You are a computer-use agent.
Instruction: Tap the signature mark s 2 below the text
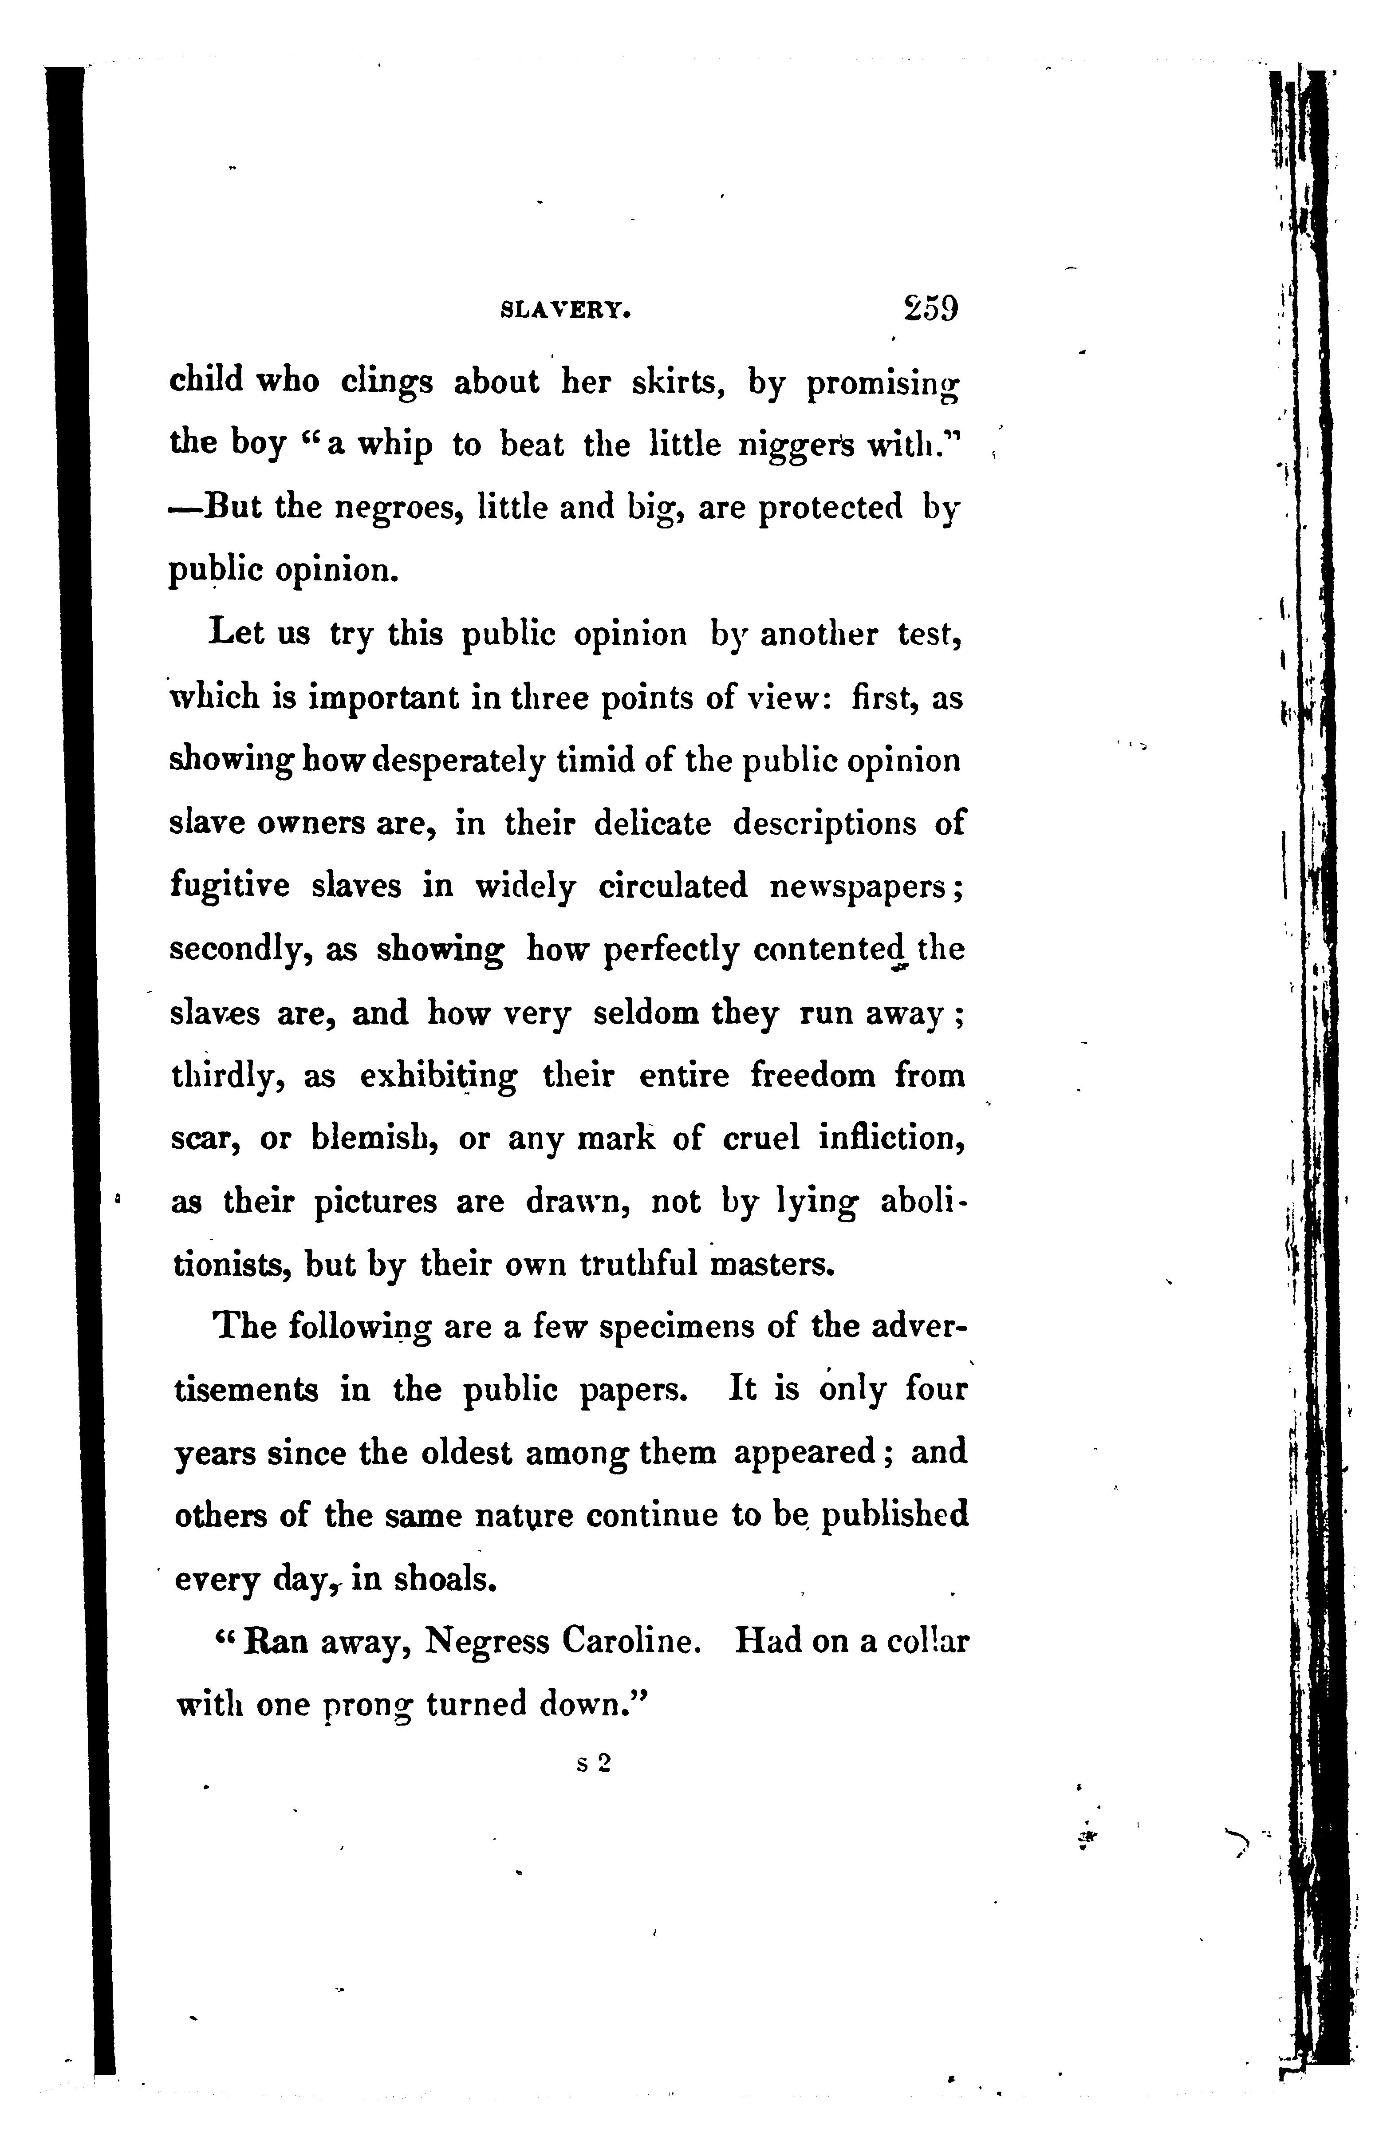(x=593, y=1763)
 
